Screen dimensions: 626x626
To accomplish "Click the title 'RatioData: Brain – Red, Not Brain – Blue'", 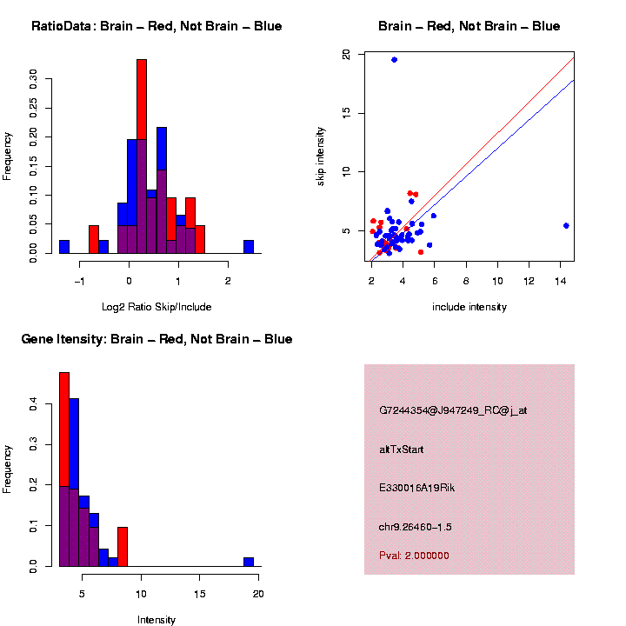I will [156, 27].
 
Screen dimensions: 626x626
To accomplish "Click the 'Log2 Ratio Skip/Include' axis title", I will [156, 307].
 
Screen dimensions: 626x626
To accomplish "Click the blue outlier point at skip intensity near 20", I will [394, 60].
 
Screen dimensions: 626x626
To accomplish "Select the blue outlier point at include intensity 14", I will [566, 226].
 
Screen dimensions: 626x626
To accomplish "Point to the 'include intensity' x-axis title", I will [469, 307].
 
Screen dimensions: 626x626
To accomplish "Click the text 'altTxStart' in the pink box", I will [402, 450].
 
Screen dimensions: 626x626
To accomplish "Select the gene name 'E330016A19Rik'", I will [416, 488].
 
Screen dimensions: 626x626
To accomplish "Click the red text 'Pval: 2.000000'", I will [414, 556].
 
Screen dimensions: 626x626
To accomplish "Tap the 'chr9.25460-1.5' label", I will [416, 527].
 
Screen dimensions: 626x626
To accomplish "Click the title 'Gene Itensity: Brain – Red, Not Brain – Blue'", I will [156, 339].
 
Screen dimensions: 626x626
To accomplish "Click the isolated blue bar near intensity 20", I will [249, 562].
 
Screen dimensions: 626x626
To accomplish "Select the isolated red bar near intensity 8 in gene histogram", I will [123, 546].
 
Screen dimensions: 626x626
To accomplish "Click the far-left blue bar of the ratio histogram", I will [64, 247].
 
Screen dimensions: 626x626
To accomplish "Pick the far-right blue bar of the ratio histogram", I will [249, 247].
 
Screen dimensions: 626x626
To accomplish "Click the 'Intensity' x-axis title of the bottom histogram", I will [156, 620].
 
